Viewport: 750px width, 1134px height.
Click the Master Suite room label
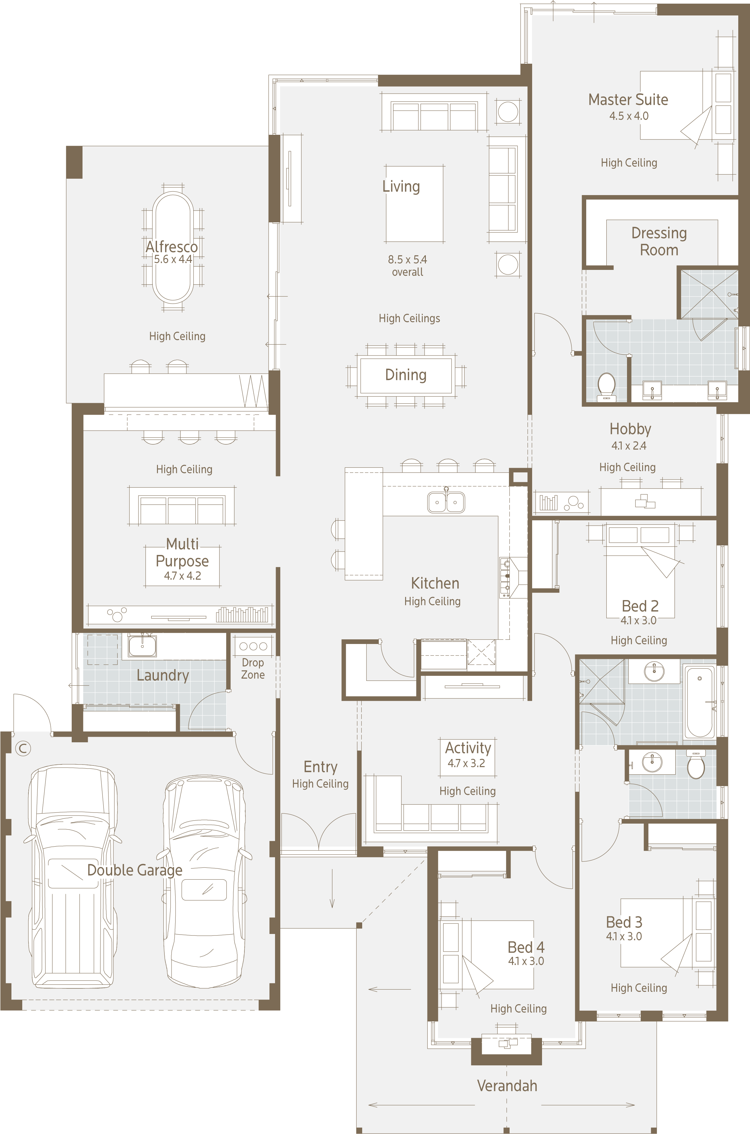[x=628, y=100]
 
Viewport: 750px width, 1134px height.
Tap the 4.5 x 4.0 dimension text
[x=629, y=116]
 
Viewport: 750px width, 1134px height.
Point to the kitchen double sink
[x=446, y=502]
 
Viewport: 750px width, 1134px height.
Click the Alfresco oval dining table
[x=173, y=247]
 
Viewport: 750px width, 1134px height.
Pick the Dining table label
[x=406, y=375]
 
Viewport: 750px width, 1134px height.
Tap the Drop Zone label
[x=252, y=668]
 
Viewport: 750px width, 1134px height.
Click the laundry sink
[x=142, y=646]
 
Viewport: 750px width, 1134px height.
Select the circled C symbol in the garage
[x=23, y=748]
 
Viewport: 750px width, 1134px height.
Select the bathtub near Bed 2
[x=699, y=702]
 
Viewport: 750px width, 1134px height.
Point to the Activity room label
[x=468, y=747]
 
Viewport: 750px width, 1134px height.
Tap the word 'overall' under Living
[x=408, y=272]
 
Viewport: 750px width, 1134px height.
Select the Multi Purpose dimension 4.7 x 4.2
[x=182, y=576]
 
